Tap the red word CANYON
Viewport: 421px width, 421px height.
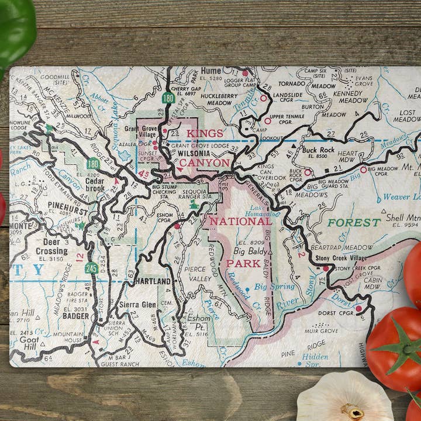[x=204, y=162]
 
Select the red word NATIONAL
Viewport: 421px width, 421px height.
[x=240, y=221]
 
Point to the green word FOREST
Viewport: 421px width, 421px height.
[x=354, y=223]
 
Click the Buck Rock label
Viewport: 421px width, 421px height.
[x=319, y=150]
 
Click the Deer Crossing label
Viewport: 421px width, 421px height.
[x=51, y=247]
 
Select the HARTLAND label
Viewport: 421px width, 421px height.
[x=153, y=281]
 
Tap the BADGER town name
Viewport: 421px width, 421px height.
[x=77, y=316]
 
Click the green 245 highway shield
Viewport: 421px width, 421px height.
[x=91, y=268]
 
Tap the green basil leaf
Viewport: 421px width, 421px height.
[x=15, y=29]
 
